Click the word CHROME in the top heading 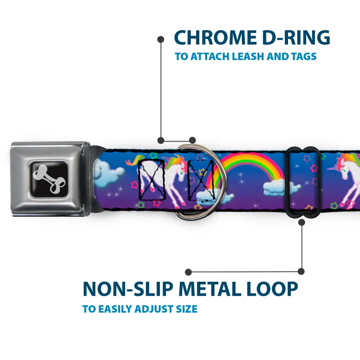click(215, 38)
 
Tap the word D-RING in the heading click(296, 38)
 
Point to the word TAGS click(304, 56)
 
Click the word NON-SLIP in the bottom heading click(128, 289)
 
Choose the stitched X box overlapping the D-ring click(202, 179)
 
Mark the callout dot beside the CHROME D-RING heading click(161, 40)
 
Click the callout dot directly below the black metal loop click(301, 222)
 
